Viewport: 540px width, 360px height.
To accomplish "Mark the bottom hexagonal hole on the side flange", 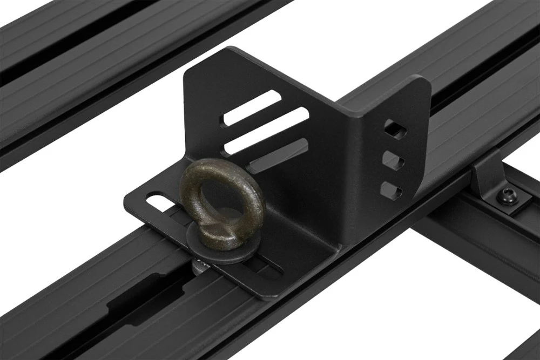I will pyautogui.click(x=390, y=191).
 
